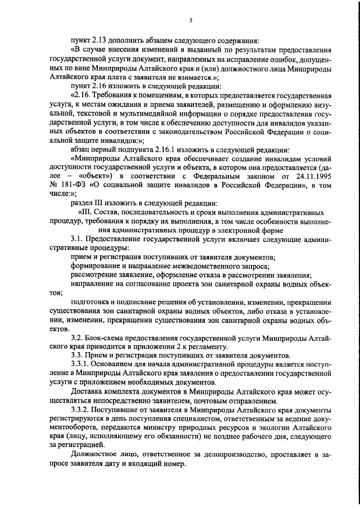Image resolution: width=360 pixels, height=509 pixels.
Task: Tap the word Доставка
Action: tap(87, 391)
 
